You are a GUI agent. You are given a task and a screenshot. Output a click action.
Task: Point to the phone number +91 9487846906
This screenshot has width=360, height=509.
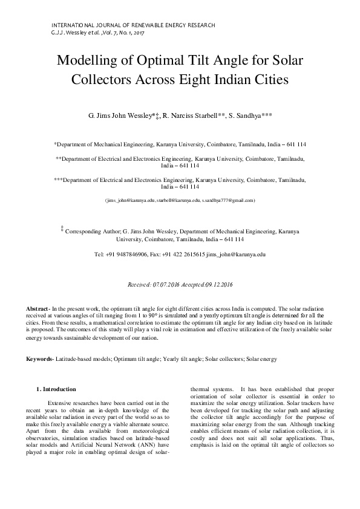(x=126, y=255)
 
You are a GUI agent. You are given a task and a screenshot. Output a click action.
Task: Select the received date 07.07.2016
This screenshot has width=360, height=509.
(x=169, y=284)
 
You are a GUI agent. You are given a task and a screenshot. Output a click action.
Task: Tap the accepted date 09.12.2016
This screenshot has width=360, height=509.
(x=215, y=284)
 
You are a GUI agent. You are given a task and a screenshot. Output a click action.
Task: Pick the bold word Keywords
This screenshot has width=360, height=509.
(x=39, y=359)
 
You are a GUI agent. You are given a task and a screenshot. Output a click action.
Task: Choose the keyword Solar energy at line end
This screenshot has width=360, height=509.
(x=261, y=359)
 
